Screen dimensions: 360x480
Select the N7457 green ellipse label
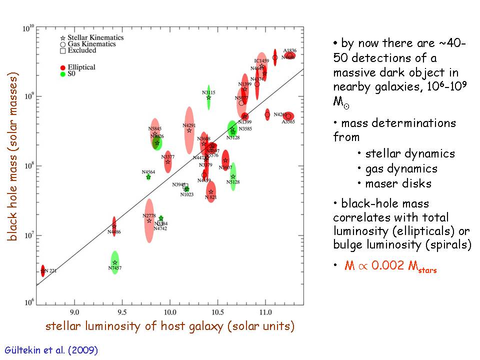pos(114,268)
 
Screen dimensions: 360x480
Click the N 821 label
pos(210,197)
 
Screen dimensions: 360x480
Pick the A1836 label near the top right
pos(289,50)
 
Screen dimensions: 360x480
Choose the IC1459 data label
pos(261,61)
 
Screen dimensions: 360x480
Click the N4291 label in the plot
pos(189,125)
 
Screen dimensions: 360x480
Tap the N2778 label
pos(149,215)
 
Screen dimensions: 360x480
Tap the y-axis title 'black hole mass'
pos(13,158)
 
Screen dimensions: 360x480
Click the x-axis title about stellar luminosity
pos(169,326)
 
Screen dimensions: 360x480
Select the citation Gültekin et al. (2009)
pos(51,350)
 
